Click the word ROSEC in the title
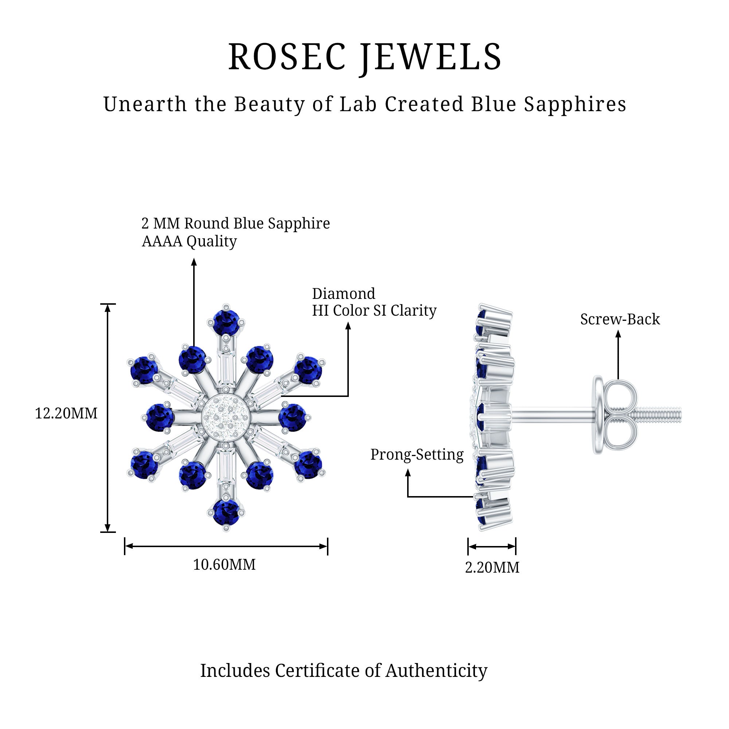[287, 57]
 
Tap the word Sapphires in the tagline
[575, 105]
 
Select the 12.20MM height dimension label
[66, 414]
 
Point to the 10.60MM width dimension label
[224, 565]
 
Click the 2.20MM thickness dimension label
[492, 568]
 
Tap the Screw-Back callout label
[620, 320]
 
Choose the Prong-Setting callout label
[417, 455]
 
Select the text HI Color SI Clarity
[374, 311]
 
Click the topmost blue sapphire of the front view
[226, 322]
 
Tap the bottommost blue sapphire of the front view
[226, 512]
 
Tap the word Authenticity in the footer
[436, 671]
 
